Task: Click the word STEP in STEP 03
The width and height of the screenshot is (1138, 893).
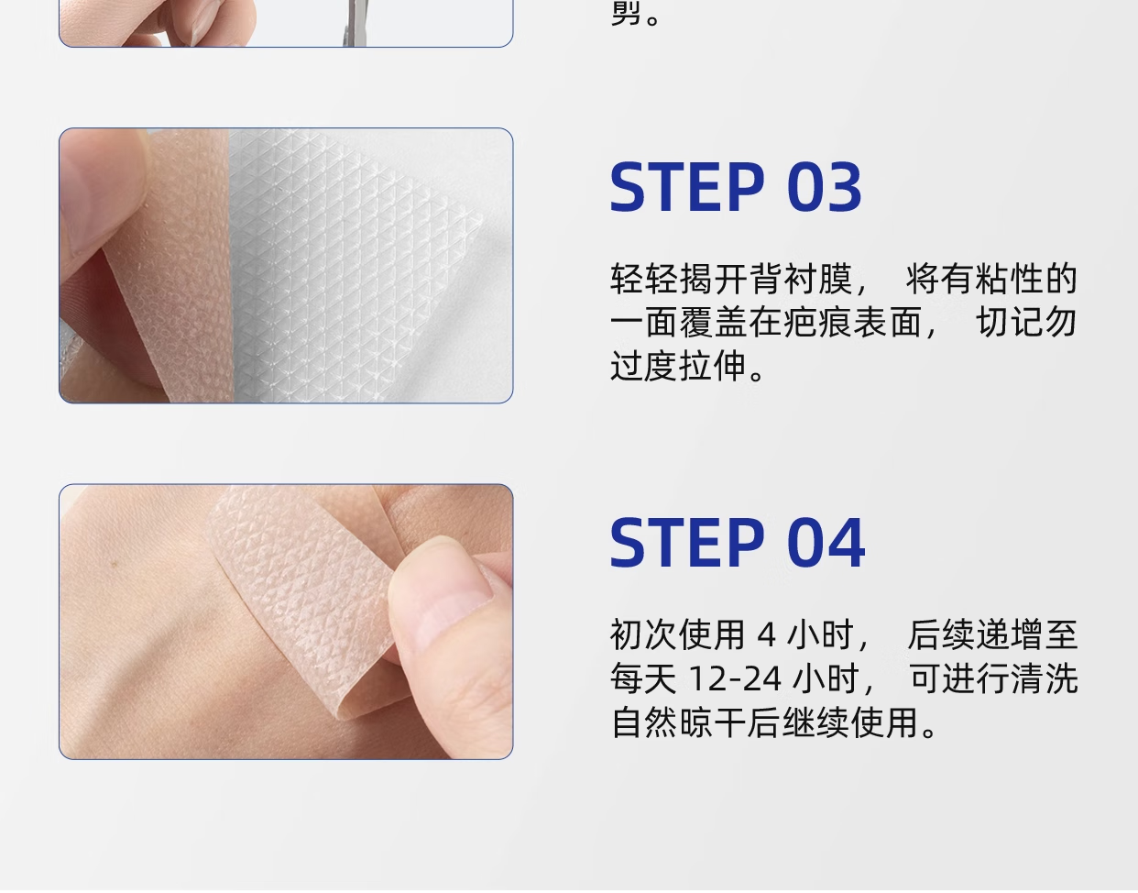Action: [x=686, y=187]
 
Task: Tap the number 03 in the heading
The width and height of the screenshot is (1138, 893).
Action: [x=824, y=187]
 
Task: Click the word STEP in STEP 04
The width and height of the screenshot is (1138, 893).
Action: [x=686, y=543]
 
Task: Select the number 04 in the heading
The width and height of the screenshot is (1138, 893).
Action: [x=826, y=543]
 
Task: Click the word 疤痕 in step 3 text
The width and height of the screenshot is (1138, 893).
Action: [x=818, y=323]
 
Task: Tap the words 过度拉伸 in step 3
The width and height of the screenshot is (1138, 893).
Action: [x=678, y=366]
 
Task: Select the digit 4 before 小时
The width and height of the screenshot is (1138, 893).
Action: [x=766, y=634]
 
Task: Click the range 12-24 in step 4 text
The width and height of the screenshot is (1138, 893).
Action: [x=735, y=678]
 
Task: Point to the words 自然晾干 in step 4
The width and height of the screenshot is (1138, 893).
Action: [x=678, y=722]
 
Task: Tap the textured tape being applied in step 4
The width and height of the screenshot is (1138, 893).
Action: [x=309, y=581]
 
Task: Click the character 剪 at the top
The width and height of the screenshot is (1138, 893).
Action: [x=627, y=12]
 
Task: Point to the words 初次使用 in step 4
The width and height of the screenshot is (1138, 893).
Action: [x=678, y=634]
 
